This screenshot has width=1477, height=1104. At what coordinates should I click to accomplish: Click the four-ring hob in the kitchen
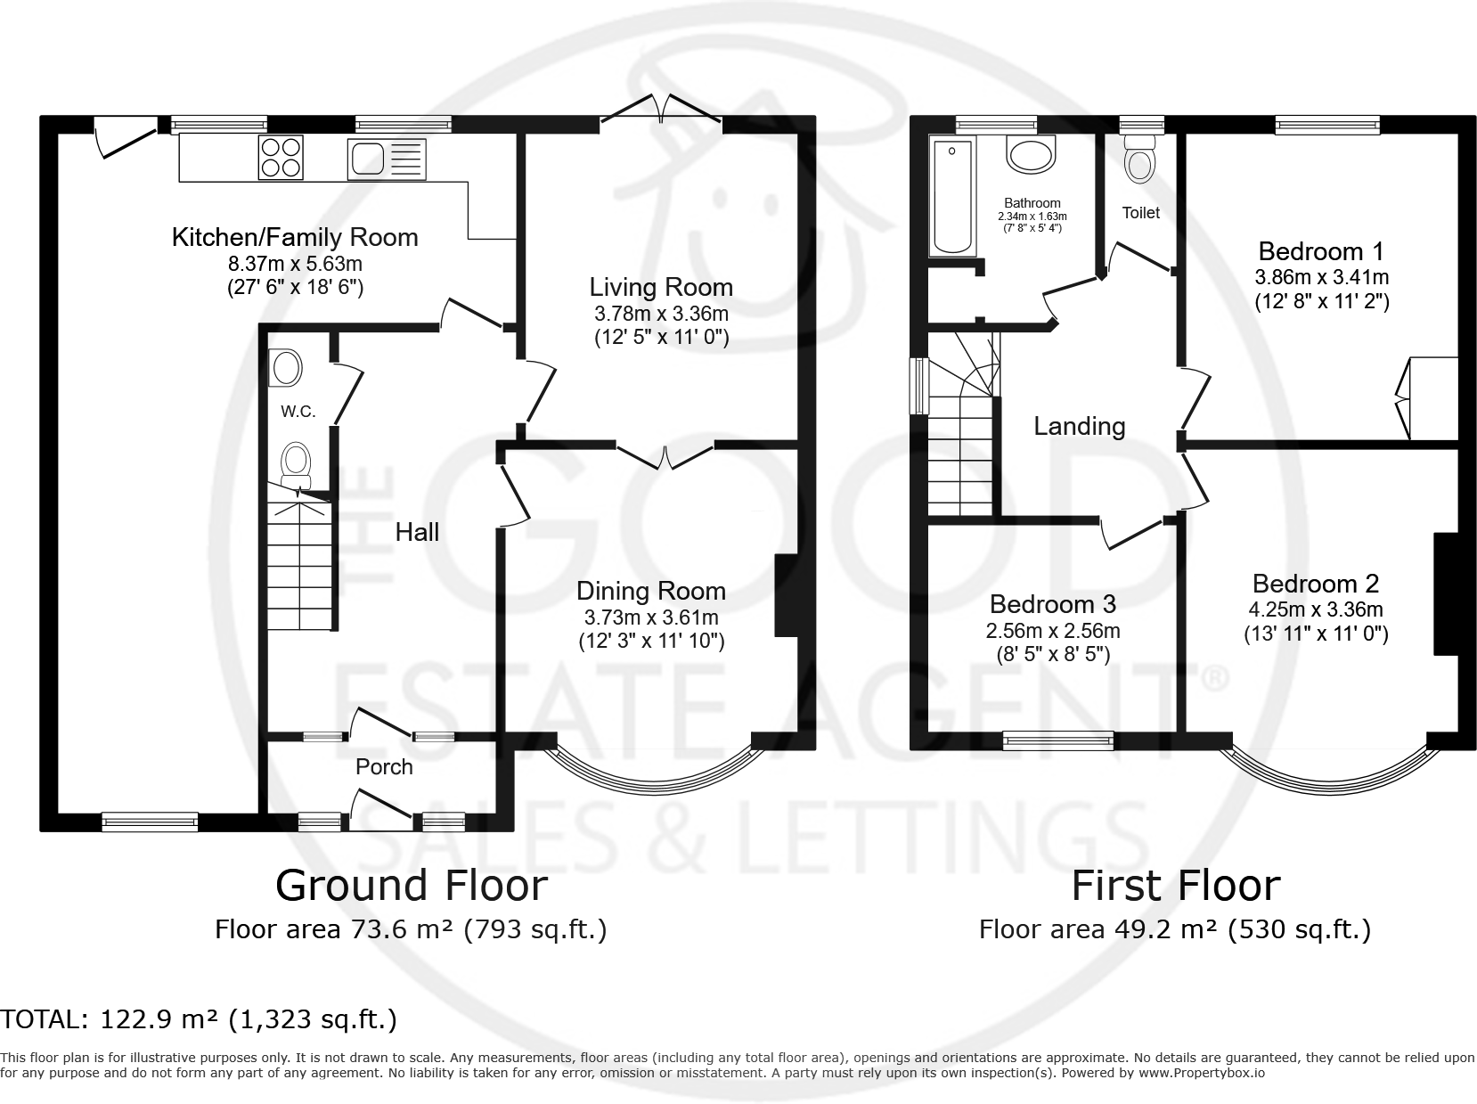coord(281,158)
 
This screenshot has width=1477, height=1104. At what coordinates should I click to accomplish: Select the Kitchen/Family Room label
coord(294,237)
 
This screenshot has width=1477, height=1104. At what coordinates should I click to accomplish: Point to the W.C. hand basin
coord(286,367)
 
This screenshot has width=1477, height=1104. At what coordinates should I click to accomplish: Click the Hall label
coord(417,532)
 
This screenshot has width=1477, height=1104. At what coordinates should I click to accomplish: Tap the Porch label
coord(384,766)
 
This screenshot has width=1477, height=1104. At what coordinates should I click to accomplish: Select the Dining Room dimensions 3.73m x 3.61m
coord(651,617)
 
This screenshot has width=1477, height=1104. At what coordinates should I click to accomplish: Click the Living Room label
coord(661,287)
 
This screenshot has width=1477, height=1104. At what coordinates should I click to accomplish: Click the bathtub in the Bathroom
coord(951,196)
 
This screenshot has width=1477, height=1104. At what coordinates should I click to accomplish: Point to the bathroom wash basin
coord(1031,153)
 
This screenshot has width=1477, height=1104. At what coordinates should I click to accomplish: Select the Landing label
coord(1079,426)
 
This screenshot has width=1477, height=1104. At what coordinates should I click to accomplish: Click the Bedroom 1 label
coord(1321,250)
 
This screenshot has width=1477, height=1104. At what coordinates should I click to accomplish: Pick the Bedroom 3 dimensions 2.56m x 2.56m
coord(1052,631)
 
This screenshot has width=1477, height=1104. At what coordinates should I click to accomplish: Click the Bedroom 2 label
coord(1315,584)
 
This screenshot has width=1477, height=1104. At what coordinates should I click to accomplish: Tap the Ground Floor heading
coord(411,885)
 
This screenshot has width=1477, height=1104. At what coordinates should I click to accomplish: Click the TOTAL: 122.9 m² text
coord(199,1018)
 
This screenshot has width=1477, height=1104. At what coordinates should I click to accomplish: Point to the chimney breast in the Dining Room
coord(786,595)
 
